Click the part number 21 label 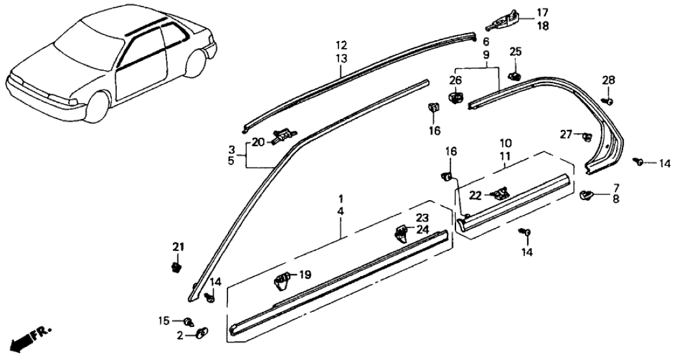coord(178,246)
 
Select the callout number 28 coord(607,80)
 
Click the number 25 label coord(515,52)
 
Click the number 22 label coord(476,194)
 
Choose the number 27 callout coord(567,135)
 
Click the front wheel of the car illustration coord(98,109)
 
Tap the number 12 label coord(342,46)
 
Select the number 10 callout coord(504,142)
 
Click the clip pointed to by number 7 coord(585,193)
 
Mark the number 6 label coord(486,42)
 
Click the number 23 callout coord(423,218)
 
